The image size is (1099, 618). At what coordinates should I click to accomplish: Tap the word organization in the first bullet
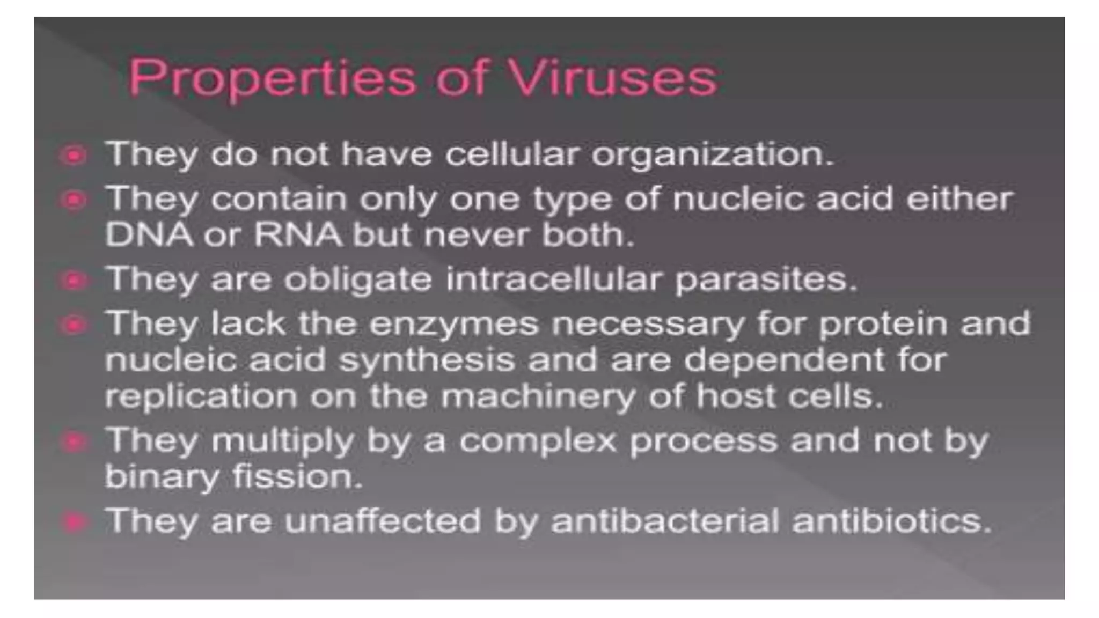(712, 156)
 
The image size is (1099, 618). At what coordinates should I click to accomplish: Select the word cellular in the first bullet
(512, 154)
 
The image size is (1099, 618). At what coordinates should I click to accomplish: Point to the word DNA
(149, 235)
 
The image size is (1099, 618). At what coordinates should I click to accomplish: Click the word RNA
(298, 235)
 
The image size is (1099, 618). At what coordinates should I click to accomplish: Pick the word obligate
(357, 280)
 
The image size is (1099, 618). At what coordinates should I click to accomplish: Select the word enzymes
(453, 325)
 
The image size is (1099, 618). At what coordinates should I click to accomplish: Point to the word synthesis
(427, 360)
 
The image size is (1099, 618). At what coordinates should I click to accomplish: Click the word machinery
(538, 398)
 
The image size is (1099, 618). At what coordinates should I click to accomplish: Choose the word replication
(201, 398)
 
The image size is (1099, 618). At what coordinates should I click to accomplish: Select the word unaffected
(383, 521)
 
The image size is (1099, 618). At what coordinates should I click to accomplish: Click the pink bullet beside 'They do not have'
(74, 156)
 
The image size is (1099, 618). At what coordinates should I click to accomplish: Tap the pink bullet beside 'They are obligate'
(74, 280)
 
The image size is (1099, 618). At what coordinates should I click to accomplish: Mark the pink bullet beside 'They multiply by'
(74, 442)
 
